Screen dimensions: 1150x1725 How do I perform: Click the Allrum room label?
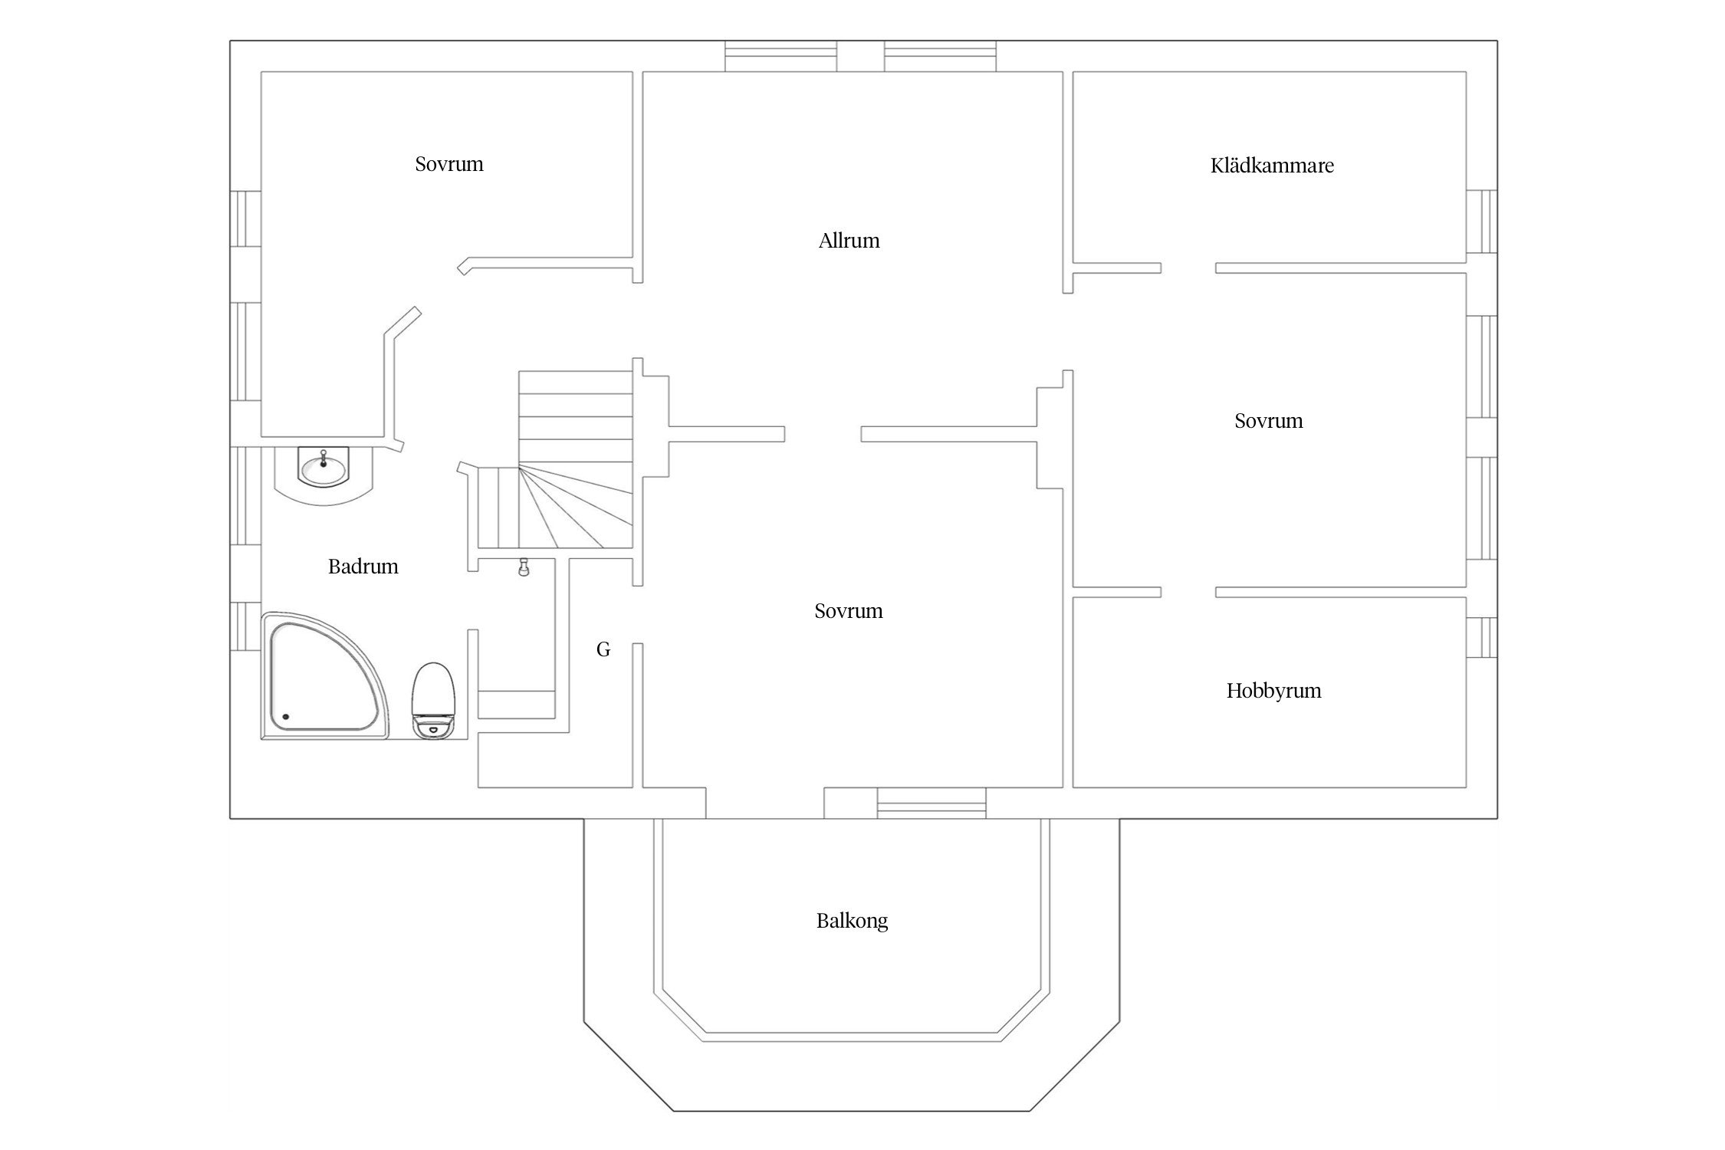click(849, 241)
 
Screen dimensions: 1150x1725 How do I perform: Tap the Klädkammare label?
click(1272, 166)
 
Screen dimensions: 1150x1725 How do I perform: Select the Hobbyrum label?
click(1273, 691)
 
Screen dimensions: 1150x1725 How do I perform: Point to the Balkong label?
click(852, 921)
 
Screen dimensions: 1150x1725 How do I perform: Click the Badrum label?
click(363, 567)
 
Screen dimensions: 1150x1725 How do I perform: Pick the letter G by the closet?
click(603, 650)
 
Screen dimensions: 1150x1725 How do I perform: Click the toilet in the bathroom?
click(434, 700)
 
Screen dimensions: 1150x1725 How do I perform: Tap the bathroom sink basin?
click(323, 468)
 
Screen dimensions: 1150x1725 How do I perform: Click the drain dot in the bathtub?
click(286, 717)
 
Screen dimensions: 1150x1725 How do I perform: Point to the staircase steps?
click(575, 460)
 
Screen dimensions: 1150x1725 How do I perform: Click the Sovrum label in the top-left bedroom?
click(449, 164)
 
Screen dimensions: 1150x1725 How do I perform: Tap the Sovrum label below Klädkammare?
click(1268, 421)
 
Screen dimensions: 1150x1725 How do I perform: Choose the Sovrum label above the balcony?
click(848, 611)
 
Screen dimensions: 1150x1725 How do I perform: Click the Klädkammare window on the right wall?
click(1481, 222)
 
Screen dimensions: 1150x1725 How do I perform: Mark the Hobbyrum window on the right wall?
click(1481, 637)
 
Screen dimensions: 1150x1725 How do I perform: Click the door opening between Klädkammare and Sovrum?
click(1188, 268)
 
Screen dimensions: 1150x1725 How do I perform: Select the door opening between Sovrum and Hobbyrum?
click(1188, 592)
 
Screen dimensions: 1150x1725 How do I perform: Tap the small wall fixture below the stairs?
click(524, 567)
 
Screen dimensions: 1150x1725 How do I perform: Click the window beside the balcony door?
click(932, 803)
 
